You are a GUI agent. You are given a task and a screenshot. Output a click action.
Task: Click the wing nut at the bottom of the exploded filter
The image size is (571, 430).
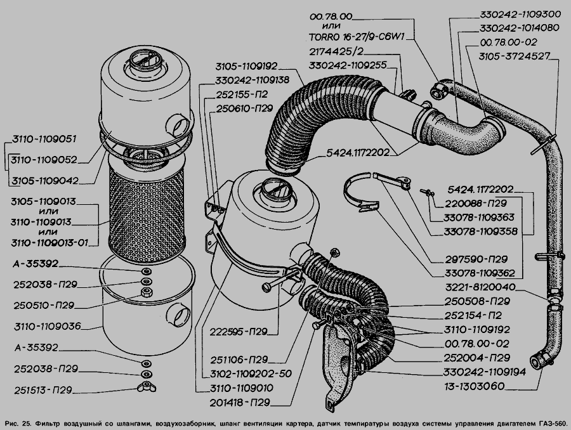[x=146, y=388]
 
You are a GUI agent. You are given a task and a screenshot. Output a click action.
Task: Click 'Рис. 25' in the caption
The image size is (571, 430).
[x=18, y=422]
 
